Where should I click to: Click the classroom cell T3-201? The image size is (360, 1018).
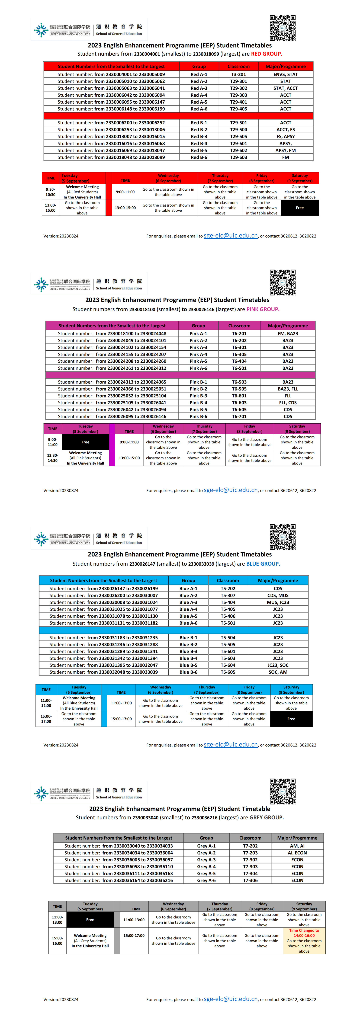click(238, 74)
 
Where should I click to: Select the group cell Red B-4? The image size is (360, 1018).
click(199, 143)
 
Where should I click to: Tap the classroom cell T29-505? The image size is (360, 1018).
click(238, 136)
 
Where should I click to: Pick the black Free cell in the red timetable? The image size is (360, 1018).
click(300, 208)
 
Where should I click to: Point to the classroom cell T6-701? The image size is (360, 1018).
click(239, 417)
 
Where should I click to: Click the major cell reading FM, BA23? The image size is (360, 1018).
click(288, 334)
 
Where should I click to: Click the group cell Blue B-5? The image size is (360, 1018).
click(188, 665)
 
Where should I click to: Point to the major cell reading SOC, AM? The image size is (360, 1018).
click(278, 672)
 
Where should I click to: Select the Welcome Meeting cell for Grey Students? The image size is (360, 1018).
click(90, 940)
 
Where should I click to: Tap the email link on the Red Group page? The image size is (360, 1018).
click(230, 236)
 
